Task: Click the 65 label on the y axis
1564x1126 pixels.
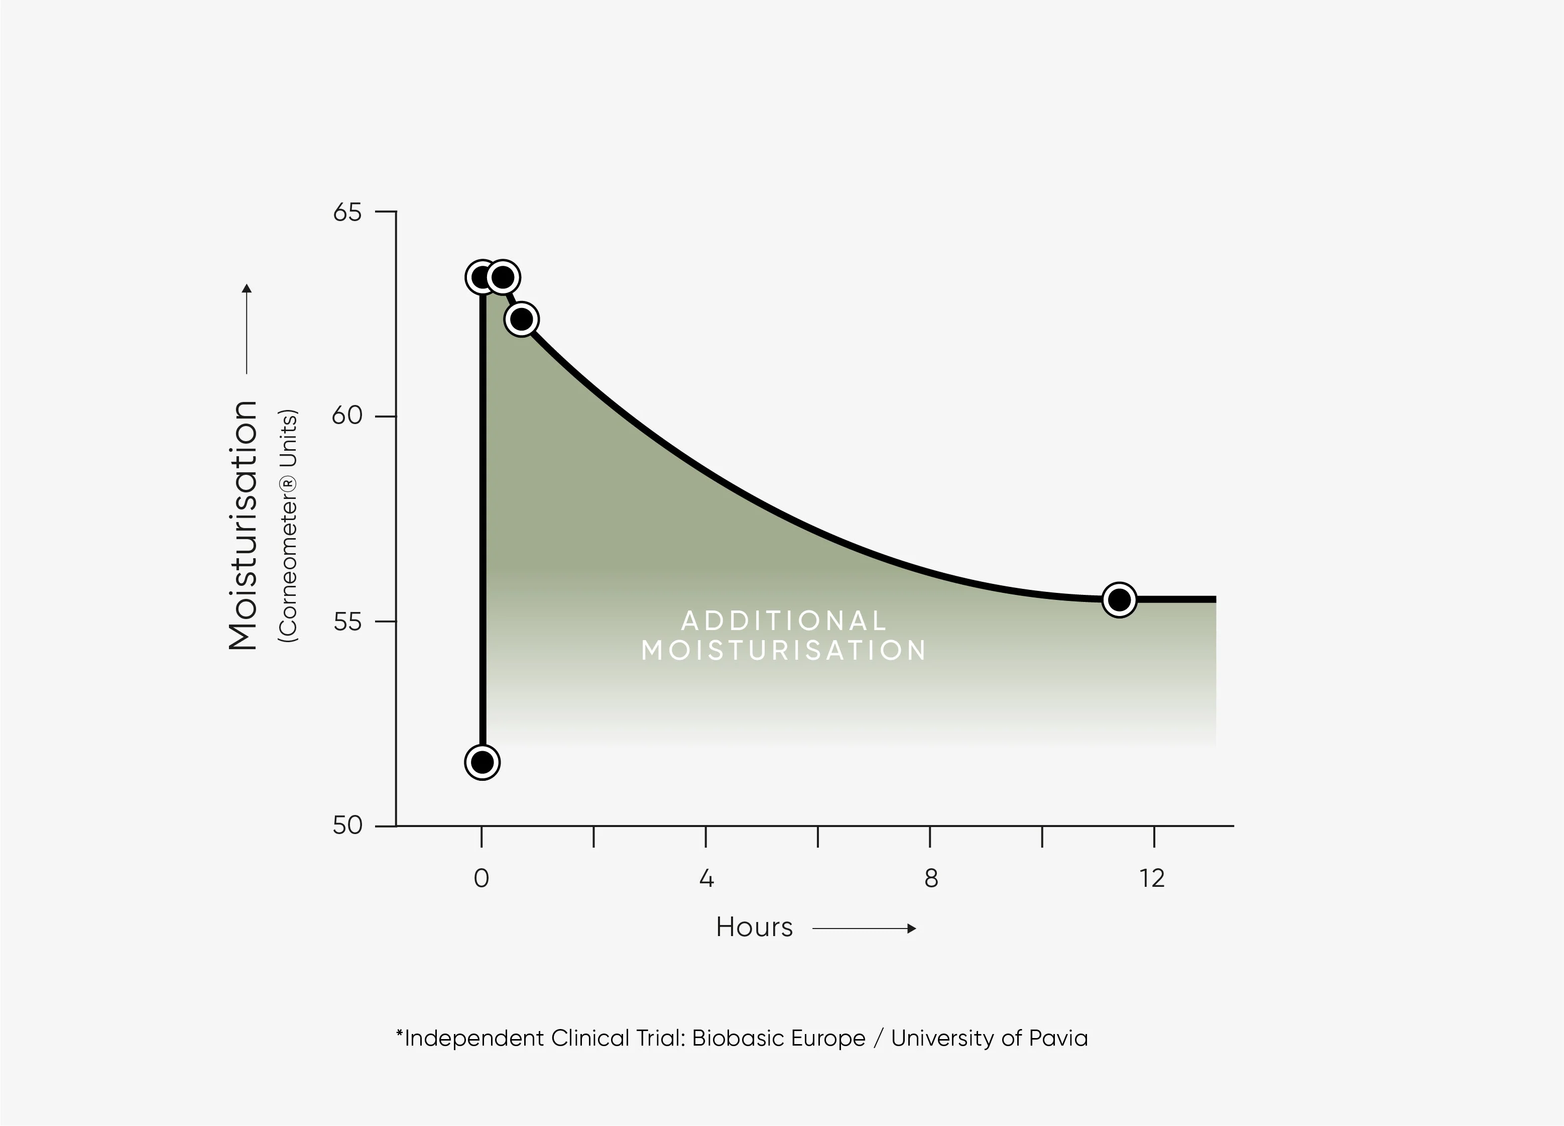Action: pos(347,213)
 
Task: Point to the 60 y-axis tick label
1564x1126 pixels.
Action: pos(347,416)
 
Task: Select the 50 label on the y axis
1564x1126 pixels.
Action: pos(347,825)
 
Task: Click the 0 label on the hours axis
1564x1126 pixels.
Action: pos(482,879)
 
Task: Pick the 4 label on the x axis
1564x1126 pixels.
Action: pos(706,879)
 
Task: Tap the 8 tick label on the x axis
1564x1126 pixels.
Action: pos(931,879)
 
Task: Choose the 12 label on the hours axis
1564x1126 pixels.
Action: pos(1152,879)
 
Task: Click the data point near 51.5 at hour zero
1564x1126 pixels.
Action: pos(482,762)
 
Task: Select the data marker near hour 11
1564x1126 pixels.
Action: pos(1119,599)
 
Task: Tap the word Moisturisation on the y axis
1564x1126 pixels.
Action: pos(244,526)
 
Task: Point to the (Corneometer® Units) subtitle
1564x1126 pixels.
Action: pos(288,526)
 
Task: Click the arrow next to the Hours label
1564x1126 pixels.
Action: pos(864,929)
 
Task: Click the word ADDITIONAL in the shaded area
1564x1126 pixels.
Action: pos(784,621)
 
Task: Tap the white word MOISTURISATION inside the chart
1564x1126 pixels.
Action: pos(784,651)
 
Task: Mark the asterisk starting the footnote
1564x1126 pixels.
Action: pos(399,1034)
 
